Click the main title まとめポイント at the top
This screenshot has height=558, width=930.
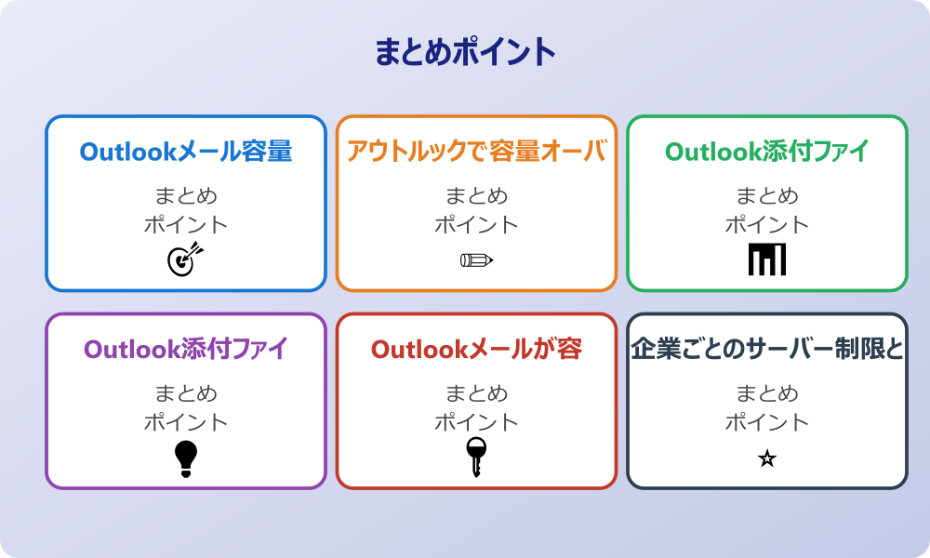tap(465, 52)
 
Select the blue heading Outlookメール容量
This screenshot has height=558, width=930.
tap(186, 152)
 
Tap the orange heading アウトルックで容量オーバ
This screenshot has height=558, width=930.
tap(476, 152)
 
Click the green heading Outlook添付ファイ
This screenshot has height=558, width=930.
tap(767, 152)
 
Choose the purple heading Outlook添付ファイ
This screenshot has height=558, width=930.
tap(186, 349)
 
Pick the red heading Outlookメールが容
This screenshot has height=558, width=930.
tap(476, 349)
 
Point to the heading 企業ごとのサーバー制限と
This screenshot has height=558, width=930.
tap(767, 349)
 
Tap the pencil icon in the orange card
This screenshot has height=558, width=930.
tap(476, 259)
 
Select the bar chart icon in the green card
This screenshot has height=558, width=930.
tap(767, 259)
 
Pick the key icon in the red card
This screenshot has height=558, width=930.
tap(476, 457)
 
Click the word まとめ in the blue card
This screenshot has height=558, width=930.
tap(186, 196)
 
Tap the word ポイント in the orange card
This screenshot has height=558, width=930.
tap(476, 225)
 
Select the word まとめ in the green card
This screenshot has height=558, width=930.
tap(767, 196)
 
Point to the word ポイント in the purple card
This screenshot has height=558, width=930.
tap(186, 422)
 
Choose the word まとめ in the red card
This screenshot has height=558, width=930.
tap(476, 393)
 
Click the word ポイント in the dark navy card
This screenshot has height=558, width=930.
tap(767, 422)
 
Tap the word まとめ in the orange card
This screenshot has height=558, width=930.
tap(476, 196)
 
